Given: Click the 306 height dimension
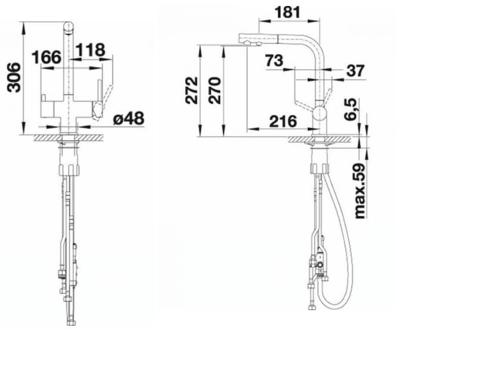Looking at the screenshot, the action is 14,78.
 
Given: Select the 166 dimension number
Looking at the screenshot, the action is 46,57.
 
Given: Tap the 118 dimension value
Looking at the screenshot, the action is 91,50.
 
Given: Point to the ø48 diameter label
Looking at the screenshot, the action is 129,119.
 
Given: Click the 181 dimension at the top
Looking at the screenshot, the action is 287,12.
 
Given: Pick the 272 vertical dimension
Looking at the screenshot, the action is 192,91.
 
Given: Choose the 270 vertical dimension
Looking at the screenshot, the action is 215,91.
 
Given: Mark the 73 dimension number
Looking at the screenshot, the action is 274,60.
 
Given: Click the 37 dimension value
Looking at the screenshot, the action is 355,71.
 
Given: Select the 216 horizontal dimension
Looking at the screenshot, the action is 283,122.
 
